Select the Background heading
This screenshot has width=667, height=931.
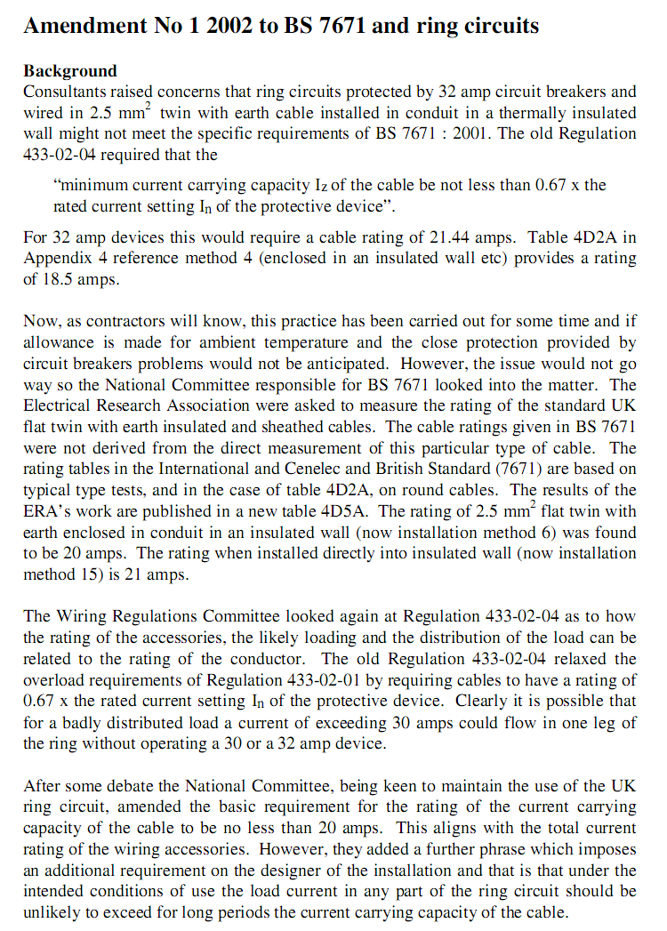coord(69,71)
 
